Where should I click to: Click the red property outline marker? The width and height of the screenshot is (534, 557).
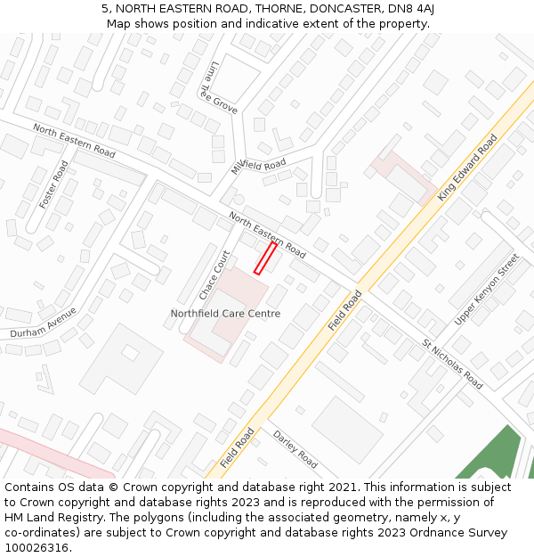click(x=265, y=258)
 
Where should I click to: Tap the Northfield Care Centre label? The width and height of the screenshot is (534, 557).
click(x=225, y=314)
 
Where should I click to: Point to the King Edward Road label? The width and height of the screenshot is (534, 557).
click(x=467, y=168)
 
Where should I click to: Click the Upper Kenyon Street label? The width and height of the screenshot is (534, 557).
click(x=486, y=290)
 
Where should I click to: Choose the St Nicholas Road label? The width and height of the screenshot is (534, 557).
click(x=453, y=364)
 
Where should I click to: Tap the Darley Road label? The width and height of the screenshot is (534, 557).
click(x=295, y=449)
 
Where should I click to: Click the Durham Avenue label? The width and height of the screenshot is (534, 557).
click(x=44, y=323)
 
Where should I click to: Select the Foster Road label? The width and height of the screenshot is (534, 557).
click(x=53, y=184)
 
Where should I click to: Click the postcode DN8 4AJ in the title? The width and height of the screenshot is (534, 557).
click(x=410, y=8)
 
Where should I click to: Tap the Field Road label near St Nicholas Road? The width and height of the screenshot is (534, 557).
click(x=345, y=310)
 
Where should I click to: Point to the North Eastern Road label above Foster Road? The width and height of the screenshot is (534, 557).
click(x=74, y=141)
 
